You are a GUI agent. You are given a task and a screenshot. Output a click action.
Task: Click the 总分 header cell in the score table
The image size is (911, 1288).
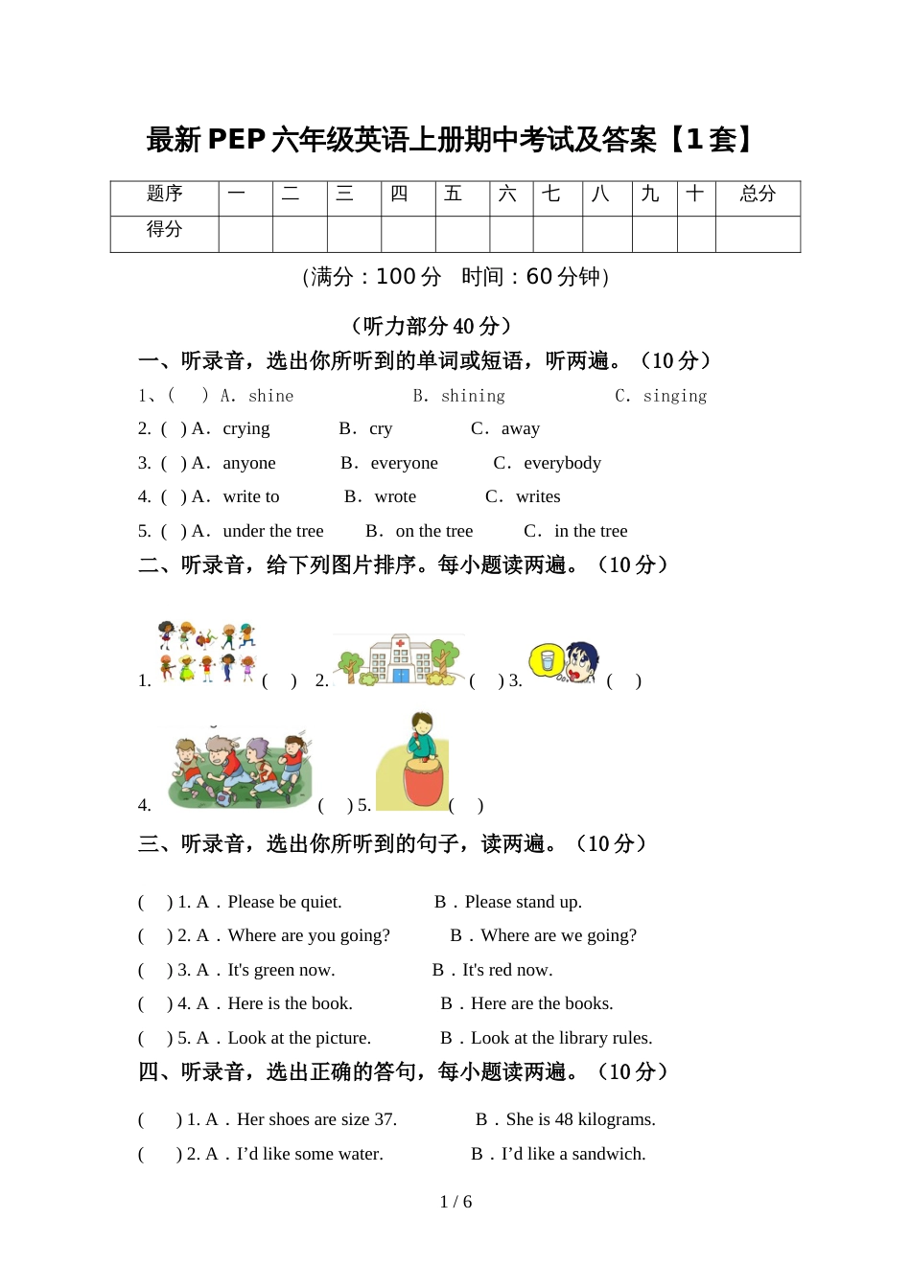pyautogui.click(x=758, y=195)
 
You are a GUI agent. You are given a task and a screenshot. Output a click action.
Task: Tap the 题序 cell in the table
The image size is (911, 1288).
pyautogui.click(x=164, y=195)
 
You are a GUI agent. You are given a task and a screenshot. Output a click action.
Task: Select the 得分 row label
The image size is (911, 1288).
pyautogui.click(x=164, y=230)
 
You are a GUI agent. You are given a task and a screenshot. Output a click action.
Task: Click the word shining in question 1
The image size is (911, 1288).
pyautogui.click(x=473, y=396)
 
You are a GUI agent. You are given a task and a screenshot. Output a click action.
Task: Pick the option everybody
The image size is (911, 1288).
pyautogui.click(x=562, y=463)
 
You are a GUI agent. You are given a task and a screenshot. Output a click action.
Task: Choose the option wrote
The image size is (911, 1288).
pyautogui.click(x=395, y=496)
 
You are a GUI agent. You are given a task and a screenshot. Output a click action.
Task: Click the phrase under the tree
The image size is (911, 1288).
pyautogui.click(x=273, y=531)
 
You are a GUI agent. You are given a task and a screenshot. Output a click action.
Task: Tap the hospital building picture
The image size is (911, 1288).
pyautogui.click(x=401, y=659)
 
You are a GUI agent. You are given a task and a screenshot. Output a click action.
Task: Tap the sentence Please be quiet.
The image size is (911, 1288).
pyautogui.click(x=285, y=902)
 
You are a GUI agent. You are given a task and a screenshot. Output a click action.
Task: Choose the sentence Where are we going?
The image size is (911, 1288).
pyautogui.click(x=558, y=935)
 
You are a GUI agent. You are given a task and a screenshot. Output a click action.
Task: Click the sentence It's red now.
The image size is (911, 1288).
pyautogui.click(x=507, y=970)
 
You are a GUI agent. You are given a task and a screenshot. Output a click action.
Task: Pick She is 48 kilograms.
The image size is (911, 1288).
pyautogui.click(x=580, y=1119)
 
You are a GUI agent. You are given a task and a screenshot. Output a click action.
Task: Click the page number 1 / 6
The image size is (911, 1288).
pyautogui.click(x=455, y=1202)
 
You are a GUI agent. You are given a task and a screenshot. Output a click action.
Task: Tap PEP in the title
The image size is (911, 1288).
pyautogui.click(x=236, y=140)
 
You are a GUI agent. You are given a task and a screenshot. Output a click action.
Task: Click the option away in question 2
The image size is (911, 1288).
pyautogui.click(x=520, y=428)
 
